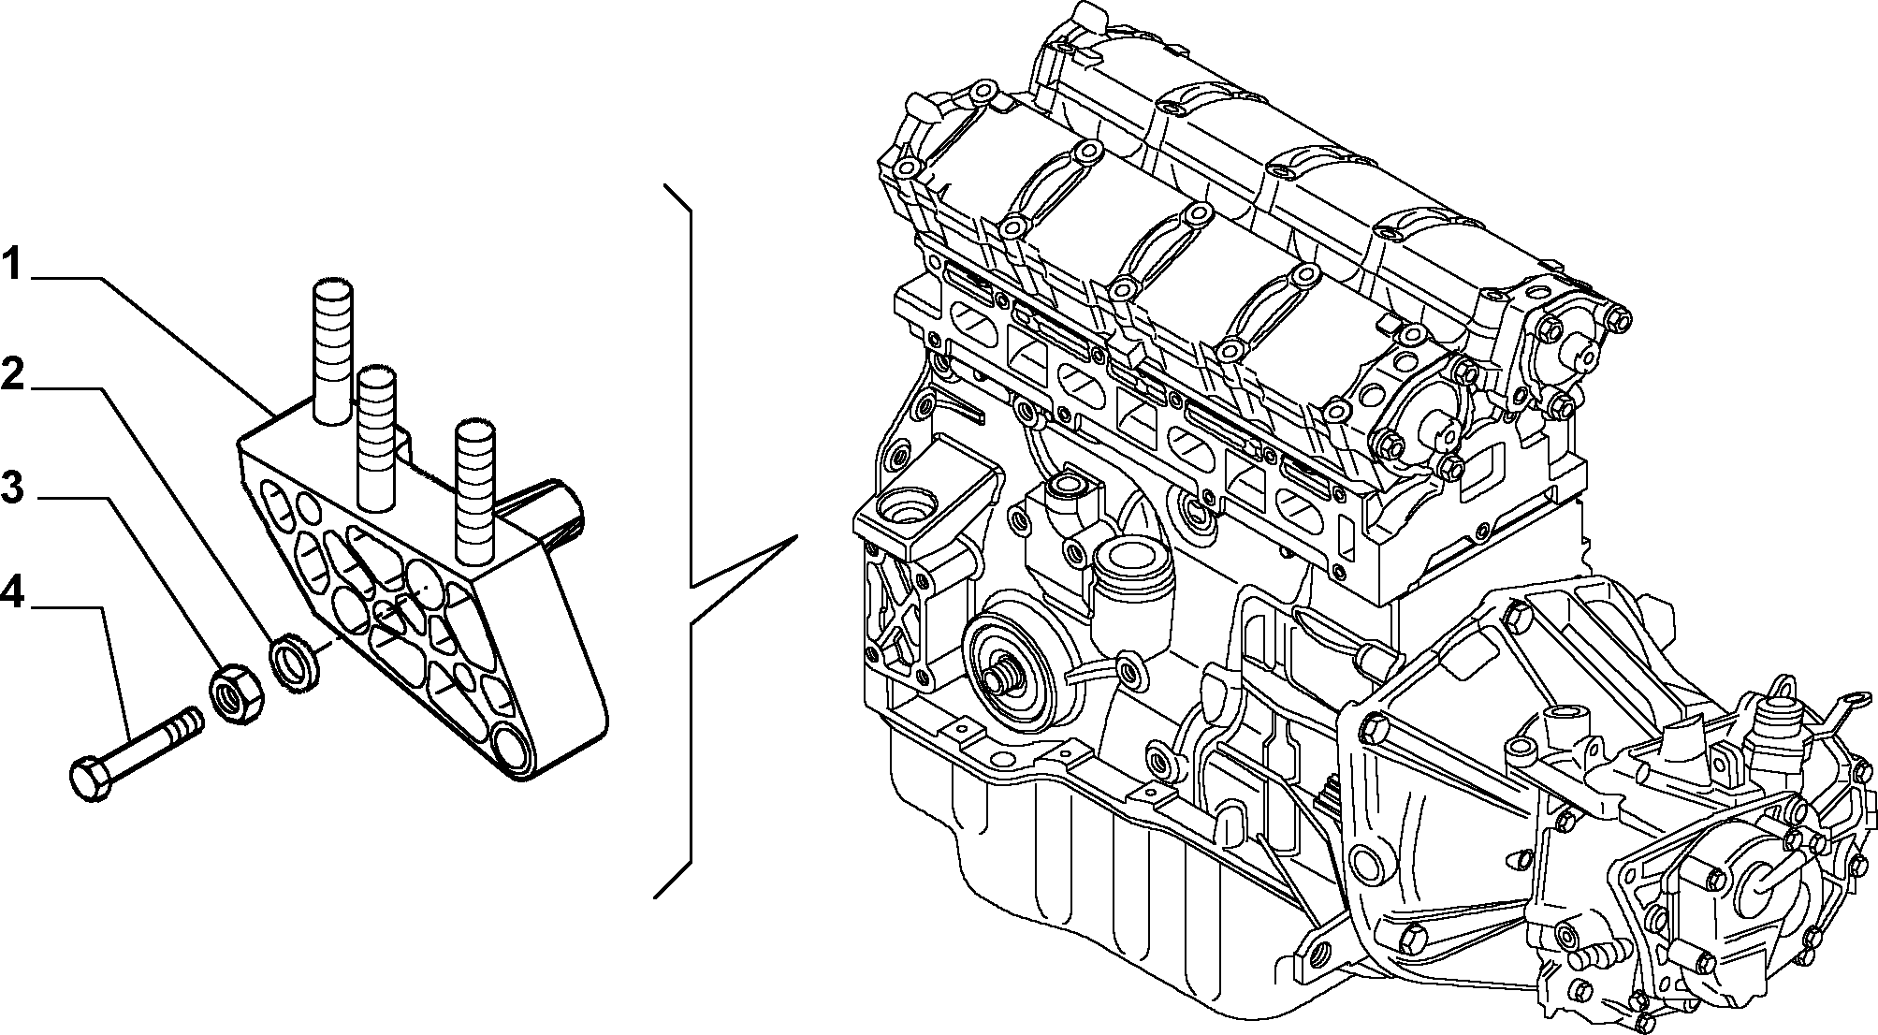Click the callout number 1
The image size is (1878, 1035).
pyautogui.click(x=11, y=264)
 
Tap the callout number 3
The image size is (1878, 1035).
pyautogui.click(x=12, y=487)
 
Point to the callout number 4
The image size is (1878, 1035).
pyautogui.click(x=13, y=593)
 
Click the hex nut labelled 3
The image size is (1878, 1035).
pyautogui.click(x=237, y=693)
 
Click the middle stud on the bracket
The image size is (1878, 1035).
pyautogui.click(x=377, y=437)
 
